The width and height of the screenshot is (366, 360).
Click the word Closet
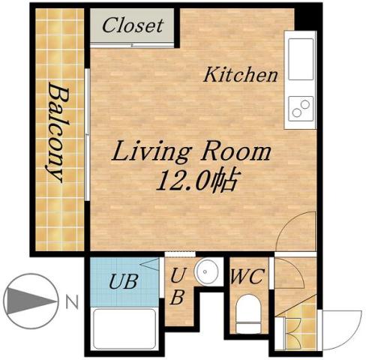coord(133,25)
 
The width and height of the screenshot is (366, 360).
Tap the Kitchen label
coord(241,75)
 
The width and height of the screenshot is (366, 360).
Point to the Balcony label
coord(55,131)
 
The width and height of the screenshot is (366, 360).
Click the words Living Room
coord(191,152)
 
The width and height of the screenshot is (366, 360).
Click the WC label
coord(247,277)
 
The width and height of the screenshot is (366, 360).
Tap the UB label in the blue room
coord(124,283)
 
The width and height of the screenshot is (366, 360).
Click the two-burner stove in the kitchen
coord(300,109)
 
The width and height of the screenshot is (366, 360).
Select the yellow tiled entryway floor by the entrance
coord(293,319)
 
